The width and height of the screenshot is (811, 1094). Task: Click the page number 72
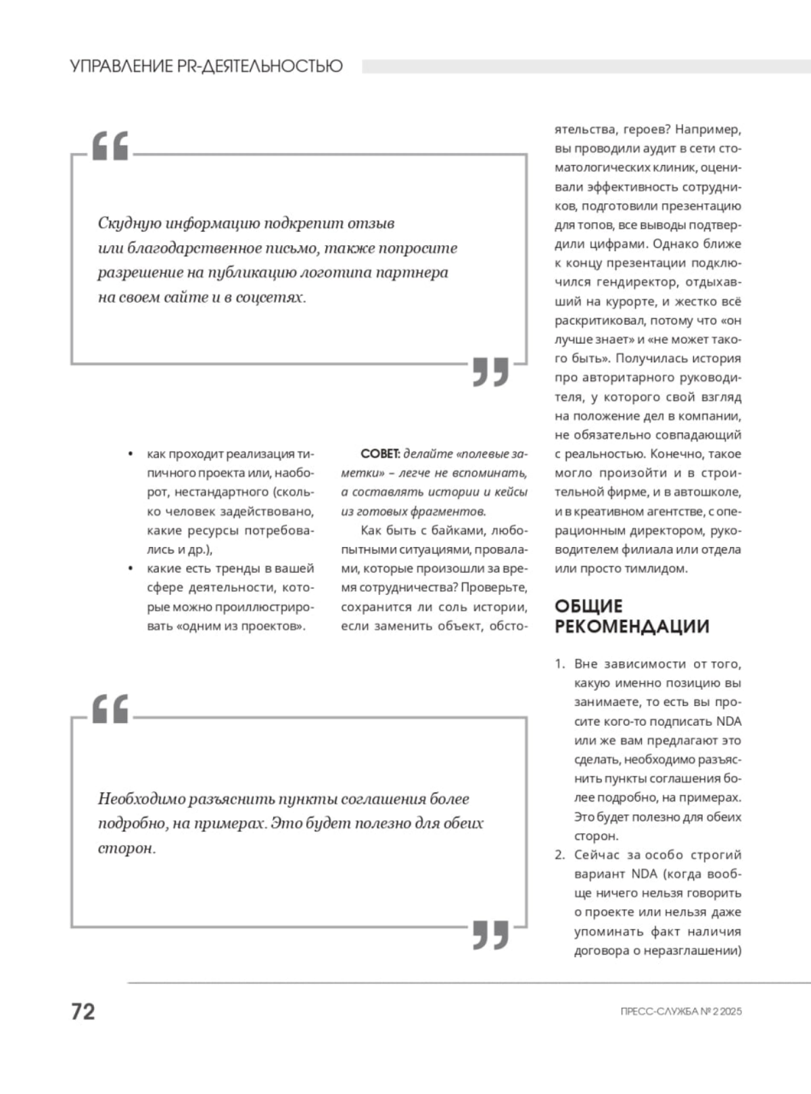83,1011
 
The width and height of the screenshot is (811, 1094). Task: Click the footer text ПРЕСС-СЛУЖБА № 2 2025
680,1012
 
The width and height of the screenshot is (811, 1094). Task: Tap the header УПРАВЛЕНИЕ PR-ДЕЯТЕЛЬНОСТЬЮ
206,66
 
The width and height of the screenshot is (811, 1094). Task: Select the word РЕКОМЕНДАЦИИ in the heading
632,627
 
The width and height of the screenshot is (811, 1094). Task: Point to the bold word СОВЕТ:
381,454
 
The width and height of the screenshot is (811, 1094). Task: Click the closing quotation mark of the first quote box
490,371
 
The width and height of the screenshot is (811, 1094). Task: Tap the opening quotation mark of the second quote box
110,709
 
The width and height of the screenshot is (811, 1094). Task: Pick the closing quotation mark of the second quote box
490,934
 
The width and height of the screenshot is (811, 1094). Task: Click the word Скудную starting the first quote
130,223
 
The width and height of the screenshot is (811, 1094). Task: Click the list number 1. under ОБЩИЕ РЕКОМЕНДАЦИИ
559,664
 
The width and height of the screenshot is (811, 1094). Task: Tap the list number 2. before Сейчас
559,855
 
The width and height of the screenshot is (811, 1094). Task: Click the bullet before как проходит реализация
131,454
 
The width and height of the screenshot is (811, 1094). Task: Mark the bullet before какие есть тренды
131,569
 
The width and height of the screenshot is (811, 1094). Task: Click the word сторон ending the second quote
125,849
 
